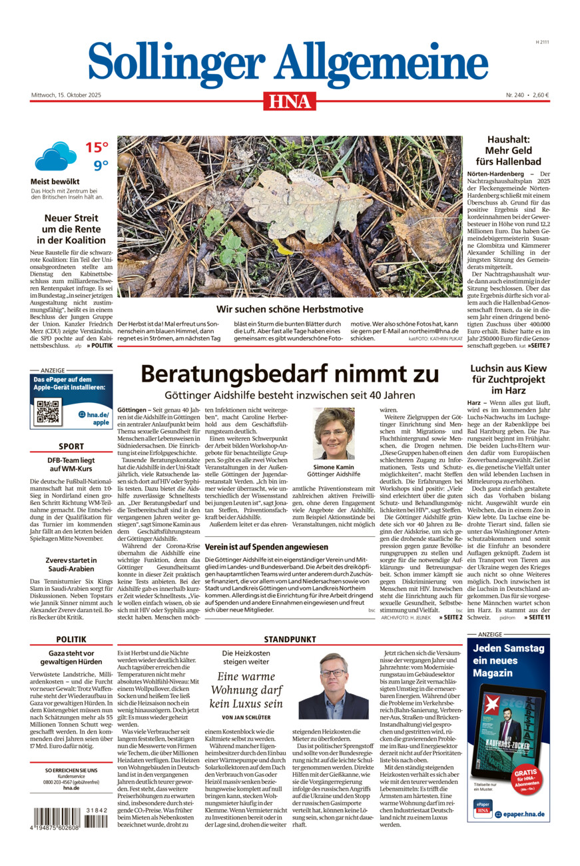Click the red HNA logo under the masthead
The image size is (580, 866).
coord(290,101)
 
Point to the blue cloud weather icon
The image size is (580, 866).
coord(55,157)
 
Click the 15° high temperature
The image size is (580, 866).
coord(97,147)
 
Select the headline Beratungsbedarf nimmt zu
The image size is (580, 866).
coord(288,373)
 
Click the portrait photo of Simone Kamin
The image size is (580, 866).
coord(334,434)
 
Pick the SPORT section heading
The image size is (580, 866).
coord(71,446)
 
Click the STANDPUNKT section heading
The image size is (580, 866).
coord(289,639)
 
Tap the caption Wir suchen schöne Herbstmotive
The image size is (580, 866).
coord(290,309)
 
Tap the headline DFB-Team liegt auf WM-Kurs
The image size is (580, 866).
coord(71,465)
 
